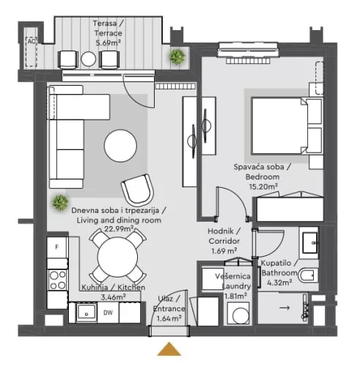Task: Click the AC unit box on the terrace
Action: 32,43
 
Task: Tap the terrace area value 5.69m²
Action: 109,43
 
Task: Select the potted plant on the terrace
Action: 176,56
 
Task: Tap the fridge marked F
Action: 56,248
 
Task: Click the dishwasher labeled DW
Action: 107,313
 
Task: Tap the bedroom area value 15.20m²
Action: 264,186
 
